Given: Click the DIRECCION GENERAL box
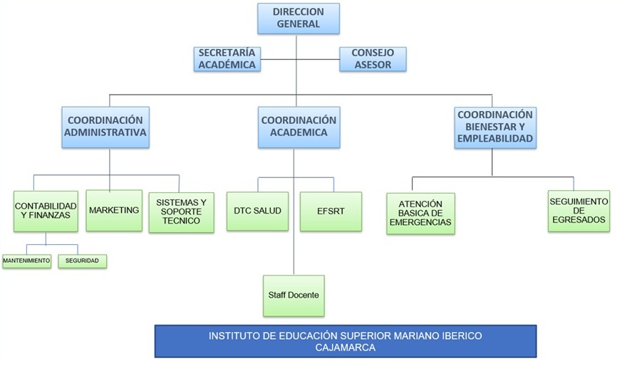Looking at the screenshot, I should (x=298, y=19).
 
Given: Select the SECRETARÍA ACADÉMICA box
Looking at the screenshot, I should (x=227, y=59).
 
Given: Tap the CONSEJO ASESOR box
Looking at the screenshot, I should (x=373, y=59).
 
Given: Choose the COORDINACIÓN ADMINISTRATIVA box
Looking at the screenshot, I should (x=105, y=127).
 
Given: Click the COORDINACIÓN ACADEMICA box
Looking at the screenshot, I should (x=299, y=127).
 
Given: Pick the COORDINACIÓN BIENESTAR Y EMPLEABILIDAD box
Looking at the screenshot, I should (x=495, y=127).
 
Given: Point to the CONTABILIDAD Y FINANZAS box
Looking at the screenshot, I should (x=46, y=211).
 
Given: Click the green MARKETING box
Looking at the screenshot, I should (x=114, y=210).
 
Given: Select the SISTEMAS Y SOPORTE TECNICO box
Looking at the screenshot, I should (x=181, y=211).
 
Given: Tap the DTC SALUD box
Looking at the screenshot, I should (x=257, y=211).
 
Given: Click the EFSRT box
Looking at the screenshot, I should (x=331, y=211).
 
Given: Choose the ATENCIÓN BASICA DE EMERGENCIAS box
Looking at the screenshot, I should (x=420, y=213).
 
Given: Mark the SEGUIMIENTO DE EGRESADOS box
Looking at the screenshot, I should (x=579, y=211).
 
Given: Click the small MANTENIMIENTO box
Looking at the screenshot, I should (x=27, y=261).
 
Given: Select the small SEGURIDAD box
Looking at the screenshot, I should (x=82, y=261).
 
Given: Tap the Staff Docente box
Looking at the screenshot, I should (x=294, y=296).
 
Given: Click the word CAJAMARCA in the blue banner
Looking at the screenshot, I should (x=345, y=347).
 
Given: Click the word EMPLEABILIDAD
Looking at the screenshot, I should (x=495, y=139).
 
